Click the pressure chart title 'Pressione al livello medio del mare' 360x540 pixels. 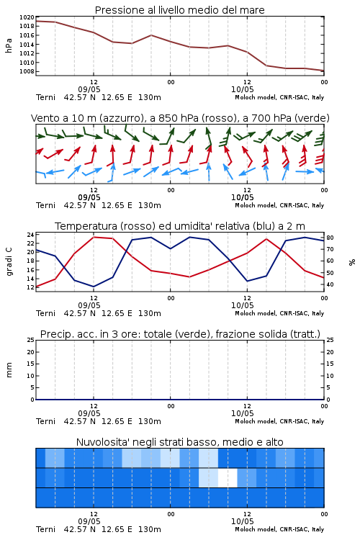pos(179,10)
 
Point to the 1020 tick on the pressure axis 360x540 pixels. pos(27,17)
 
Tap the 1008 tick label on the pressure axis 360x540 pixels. pos(27,71)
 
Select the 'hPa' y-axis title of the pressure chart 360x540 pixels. pos(9,45)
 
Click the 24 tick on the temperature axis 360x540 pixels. pos(30,235)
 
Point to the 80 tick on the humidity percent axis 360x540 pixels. pos(330,238)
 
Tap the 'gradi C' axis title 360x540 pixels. pos(9,262)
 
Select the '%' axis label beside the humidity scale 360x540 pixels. pos(352,262)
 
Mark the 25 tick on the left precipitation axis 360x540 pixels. pos(30,340)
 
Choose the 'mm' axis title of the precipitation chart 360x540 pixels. pos(9,370)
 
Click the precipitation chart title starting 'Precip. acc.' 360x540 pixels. pos(180,334)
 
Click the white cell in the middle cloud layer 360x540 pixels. pos(228,477)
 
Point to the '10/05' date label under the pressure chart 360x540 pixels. pos(242,89)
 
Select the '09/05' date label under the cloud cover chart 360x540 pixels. pos(89,521)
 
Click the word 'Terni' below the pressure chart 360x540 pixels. pos(45,97)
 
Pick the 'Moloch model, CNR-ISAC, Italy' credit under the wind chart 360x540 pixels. pos(279,205)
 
